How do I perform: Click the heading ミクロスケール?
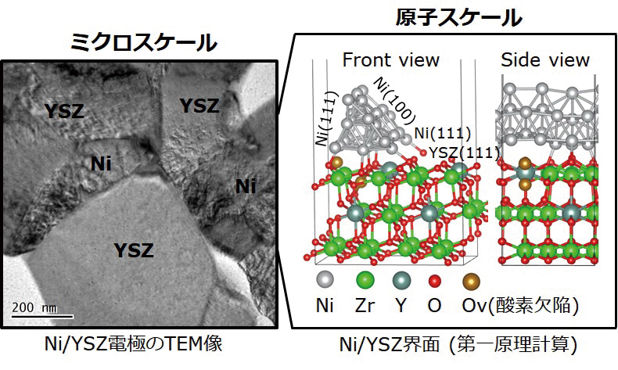(x=144, y=42)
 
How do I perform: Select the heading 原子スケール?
(x=458, y=17)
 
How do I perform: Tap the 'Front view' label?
(x=390, y=60)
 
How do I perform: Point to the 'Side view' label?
(x=545, y=60)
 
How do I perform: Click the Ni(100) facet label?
(x=395, y=101)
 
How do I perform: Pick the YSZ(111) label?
(x=464, y=153)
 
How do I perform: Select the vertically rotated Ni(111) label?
(x=327, y=119)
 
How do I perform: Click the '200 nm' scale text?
(x=34, y=307)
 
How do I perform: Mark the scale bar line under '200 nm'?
(x=42, y=316)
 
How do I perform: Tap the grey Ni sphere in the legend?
(x=325, y=281)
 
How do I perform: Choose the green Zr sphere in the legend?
(x=365, y=281)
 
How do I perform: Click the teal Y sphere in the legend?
(x=401, y=281)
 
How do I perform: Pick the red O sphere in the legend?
(x=434, y=281)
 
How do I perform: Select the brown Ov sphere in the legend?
(x=472, y=281)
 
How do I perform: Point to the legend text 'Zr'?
(x=365, y=305)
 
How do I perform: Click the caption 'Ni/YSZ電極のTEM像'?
(x=134, y=344)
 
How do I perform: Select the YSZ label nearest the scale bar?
(x=134, y=250)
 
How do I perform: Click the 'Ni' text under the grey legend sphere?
(x=325, y=305)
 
